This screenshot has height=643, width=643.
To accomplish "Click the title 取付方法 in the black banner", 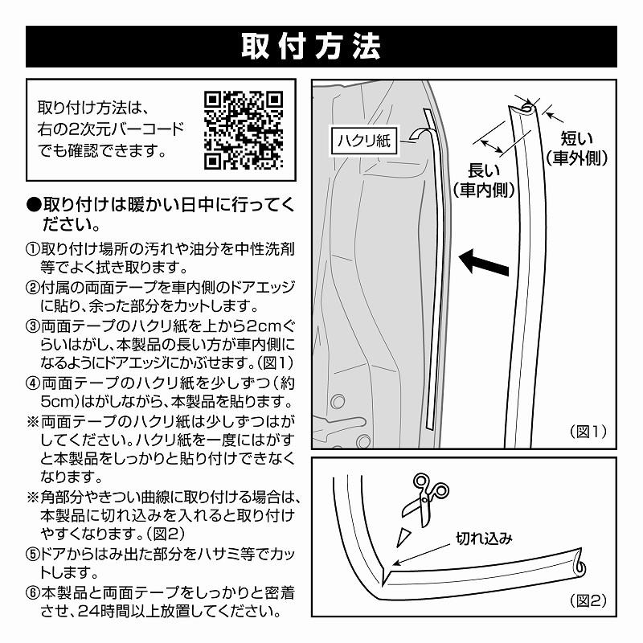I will point(321,47).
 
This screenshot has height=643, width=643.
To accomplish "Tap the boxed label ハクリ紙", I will point(362,140).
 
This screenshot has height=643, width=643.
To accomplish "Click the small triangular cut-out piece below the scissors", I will point(404,534).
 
